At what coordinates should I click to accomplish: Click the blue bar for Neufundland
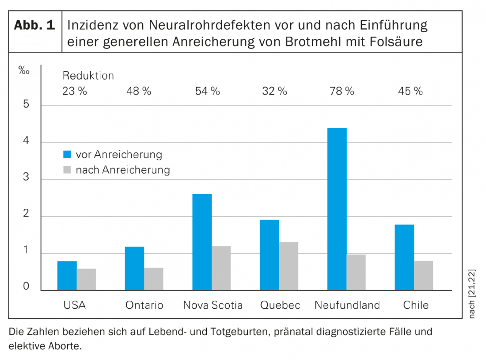tap(337, 209)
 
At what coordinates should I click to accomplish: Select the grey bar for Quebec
tap(289, 266)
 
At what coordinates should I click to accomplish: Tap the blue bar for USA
tap(67, 276)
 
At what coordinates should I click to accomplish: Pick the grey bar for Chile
tap(423, 276)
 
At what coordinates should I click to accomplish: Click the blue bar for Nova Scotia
tap(202, 242)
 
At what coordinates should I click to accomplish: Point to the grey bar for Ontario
tap(153, 279)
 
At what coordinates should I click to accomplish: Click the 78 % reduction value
tap(342, 92)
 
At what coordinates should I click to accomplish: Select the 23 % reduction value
tap(75, 92)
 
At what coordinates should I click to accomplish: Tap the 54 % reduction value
tap(207, 92)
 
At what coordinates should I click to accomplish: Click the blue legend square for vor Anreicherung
tap(67, 155)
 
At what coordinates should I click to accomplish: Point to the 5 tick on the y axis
tap(26, 105)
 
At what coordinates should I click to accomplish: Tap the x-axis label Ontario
tap(144, 305)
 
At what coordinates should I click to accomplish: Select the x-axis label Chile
tap(415, 305)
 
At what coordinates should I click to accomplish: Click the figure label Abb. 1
tap(34, 25)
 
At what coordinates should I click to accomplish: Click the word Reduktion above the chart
tap(88, 76)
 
